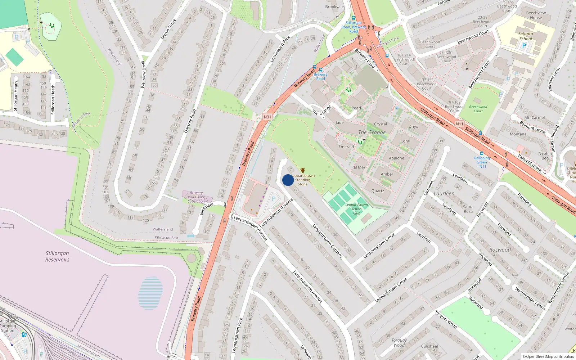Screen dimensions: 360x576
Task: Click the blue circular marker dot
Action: (288, 180)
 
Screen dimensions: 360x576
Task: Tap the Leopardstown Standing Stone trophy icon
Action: (303, 170)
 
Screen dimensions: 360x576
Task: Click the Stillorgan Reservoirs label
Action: (57, 256)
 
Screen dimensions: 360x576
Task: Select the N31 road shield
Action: (267, 117)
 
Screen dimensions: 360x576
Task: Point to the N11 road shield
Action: (459, 124)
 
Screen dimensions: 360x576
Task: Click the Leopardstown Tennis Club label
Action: (356, 209)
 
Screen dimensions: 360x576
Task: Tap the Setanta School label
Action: (526, 36)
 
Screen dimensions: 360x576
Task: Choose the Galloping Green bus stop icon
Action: (482, 153)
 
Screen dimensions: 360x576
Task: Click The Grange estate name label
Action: (372, 132)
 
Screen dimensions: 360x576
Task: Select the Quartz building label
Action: (378, 191)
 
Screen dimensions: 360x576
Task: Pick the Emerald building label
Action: (346, 147)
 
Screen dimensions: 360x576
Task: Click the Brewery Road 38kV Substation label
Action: (196, 197)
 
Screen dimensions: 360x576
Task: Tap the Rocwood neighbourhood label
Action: (500, 249)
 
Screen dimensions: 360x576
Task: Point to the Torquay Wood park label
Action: (399, 342)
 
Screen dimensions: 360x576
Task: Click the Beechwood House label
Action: (536, 15)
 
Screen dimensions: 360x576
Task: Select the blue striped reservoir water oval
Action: (150, 293)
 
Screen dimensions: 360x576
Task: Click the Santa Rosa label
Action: (468, 209)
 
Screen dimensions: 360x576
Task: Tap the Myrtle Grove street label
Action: (168, 29)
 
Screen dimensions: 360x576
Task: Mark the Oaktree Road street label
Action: (190, 121)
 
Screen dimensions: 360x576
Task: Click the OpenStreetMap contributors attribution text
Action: (548, 356)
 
